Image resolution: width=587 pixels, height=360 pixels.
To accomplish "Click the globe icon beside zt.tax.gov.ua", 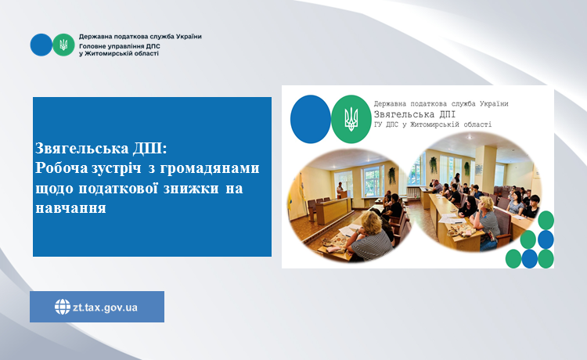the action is tap(63, 307).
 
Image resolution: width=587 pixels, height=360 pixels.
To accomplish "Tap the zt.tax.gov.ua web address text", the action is tap(105, 308).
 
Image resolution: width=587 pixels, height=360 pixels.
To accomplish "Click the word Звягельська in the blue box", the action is tap(82, 149).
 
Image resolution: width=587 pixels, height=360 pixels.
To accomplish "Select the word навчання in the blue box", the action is tap(70, 208).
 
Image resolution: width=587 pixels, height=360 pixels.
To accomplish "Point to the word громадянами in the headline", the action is tap(210, 169).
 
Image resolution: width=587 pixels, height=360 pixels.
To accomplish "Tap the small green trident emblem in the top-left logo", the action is tap(63, 45).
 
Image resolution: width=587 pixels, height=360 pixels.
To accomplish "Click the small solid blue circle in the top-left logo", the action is tap(41, 45).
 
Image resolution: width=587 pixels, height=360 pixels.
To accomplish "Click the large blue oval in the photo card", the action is tap(311, 119).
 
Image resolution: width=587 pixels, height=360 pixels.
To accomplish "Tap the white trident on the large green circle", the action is tap(351, 119).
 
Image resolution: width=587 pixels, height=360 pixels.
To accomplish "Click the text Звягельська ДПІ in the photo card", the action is tap(415, 114).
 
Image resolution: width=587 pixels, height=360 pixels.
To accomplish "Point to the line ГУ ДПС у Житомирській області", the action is tap(433, 124).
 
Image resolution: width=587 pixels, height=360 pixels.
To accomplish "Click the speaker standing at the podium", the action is tap(340, 189).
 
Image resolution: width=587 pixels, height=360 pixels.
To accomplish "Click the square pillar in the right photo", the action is tap(485, 169).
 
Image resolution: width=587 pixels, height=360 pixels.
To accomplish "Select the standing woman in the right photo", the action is tap(456, 181).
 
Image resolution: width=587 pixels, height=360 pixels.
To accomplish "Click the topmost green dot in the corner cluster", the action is tap(546, 220).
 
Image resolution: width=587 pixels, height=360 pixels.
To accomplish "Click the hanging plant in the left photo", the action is tap(392, 175).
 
